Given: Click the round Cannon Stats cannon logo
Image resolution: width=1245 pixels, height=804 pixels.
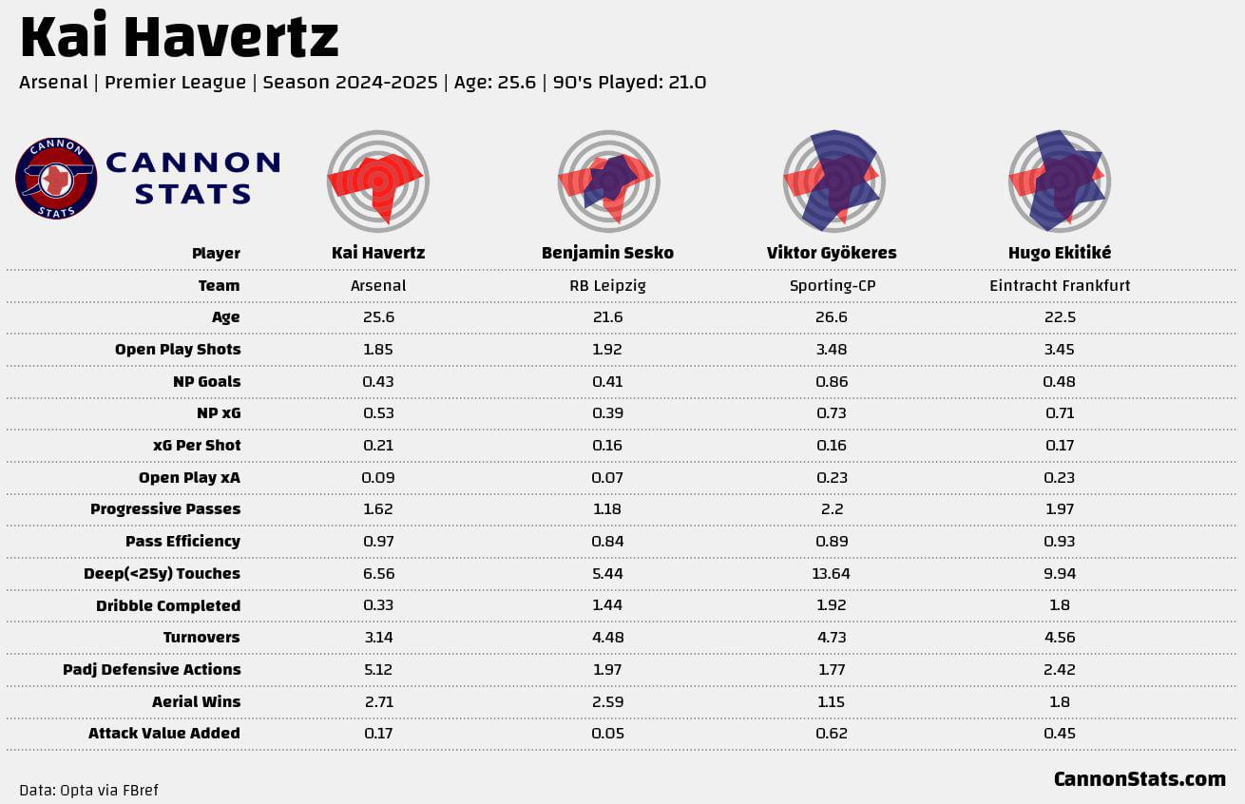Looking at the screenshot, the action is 56,179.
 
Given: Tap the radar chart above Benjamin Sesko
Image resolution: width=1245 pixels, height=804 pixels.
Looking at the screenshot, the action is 608,182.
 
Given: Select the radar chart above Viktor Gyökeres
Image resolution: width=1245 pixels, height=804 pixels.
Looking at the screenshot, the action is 833,182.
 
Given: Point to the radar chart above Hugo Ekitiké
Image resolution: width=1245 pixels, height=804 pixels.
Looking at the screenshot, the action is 1060,182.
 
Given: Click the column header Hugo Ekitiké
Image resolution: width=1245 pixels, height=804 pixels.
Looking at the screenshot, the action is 1060,253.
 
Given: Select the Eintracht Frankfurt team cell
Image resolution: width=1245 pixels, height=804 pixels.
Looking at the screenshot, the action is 1060,286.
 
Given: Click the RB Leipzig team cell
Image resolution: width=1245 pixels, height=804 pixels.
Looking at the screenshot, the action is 607,286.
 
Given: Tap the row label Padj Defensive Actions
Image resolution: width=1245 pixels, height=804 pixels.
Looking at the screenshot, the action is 152,670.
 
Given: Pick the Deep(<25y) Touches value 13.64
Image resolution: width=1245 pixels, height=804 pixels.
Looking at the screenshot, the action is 831,573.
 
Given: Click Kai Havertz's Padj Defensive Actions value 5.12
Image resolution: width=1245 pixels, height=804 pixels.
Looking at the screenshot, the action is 378,670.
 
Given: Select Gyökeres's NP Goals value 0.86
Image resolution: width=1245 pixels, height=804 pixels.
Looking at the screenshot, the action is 832,382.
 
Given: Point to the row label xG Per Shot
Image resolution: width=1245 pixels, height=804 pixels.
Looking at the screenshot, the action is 198,446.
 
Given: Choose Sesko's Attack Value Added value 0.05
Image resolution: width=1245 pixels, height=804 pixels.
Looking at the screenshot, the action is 607,734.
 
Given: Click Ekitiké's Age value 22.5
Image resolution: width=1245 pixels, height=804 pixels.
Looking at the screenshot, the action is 1060,317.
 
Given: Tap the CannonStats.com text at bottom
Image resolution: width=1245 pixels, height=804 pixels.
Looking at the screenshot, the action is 1140,779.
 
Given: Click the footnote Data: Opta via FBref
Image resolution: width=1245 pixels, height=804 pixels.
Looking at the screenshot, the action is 89,790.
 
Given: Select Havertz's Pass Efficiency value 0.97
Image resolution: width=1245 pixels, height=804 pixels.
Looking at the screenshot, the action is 378,541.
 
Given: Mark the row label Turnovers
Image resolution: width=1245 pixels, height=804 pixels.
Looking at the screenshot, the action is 201,638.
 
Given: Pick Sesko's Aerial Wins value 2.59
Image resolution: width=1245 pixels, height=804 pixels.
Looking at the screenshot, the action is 607,701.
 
